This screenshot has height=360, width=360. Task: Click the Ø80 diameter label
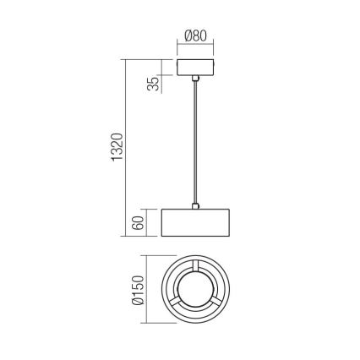pos(195,37)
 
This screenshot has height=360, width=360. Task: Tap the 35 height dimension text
pos(153,85)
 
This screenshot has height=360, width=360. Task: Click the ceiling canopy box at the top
pos(195,68)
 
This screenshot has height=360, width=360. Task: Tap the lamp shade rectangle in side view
pos(195,222)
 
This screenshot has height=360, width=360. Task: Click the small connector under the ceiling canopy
pos(195,79)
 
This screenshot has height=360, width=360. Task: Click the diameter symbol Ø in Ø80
pos(187,37)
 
